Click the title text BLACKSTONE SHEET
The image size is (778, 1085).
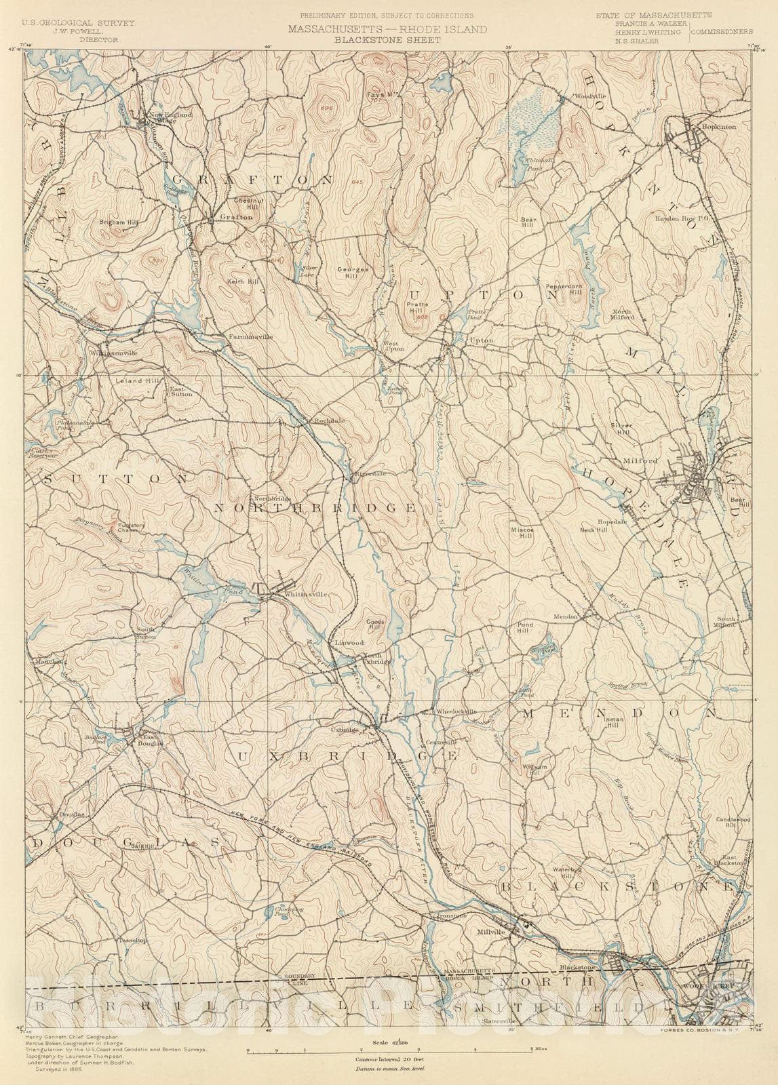[387, 40]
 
